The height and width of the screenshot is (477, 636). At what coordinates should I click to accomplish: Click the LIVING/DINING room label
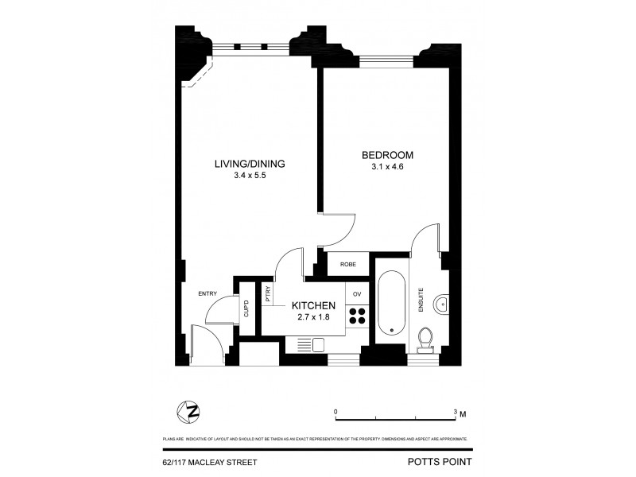tap(249, 165)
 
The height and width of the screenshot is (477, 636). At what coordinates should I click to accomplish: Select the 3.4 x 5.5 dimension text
tap(249, 177)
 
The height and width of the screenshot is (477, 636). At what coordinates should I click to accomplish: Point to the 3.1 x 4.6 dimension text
tap(388, 167)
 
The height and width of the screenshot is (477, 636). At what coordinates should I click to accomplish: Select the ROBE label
tap(347, 265)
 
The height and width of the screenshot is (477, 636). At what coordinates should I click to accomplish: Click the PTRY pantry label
tap(269, 294)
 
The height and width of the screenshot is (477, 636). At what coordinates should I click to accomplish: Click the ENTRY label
tap(207, 294)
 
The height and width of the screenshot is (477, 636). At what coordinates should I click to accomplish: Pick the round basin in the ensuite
tap(444, 304)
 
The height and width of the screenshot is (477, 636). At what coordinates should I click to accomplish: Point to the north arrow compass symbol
tap(190, 411)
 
